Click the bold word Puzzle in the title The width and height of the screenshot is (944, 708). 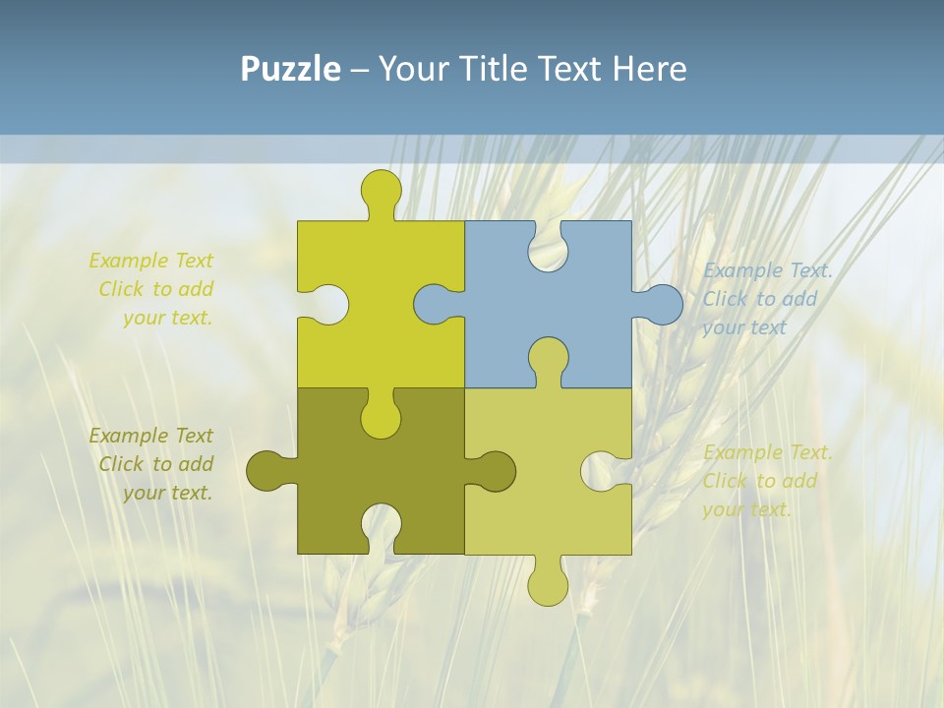290,69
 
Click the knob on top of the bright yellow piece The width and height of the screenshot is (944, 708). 382,189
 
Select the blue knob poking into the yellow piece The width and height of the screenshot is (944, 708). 433,305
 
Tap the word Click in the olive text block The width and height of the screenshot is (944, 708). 122,464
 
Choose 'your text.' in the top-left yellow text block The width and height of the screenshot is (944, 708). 167,318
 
